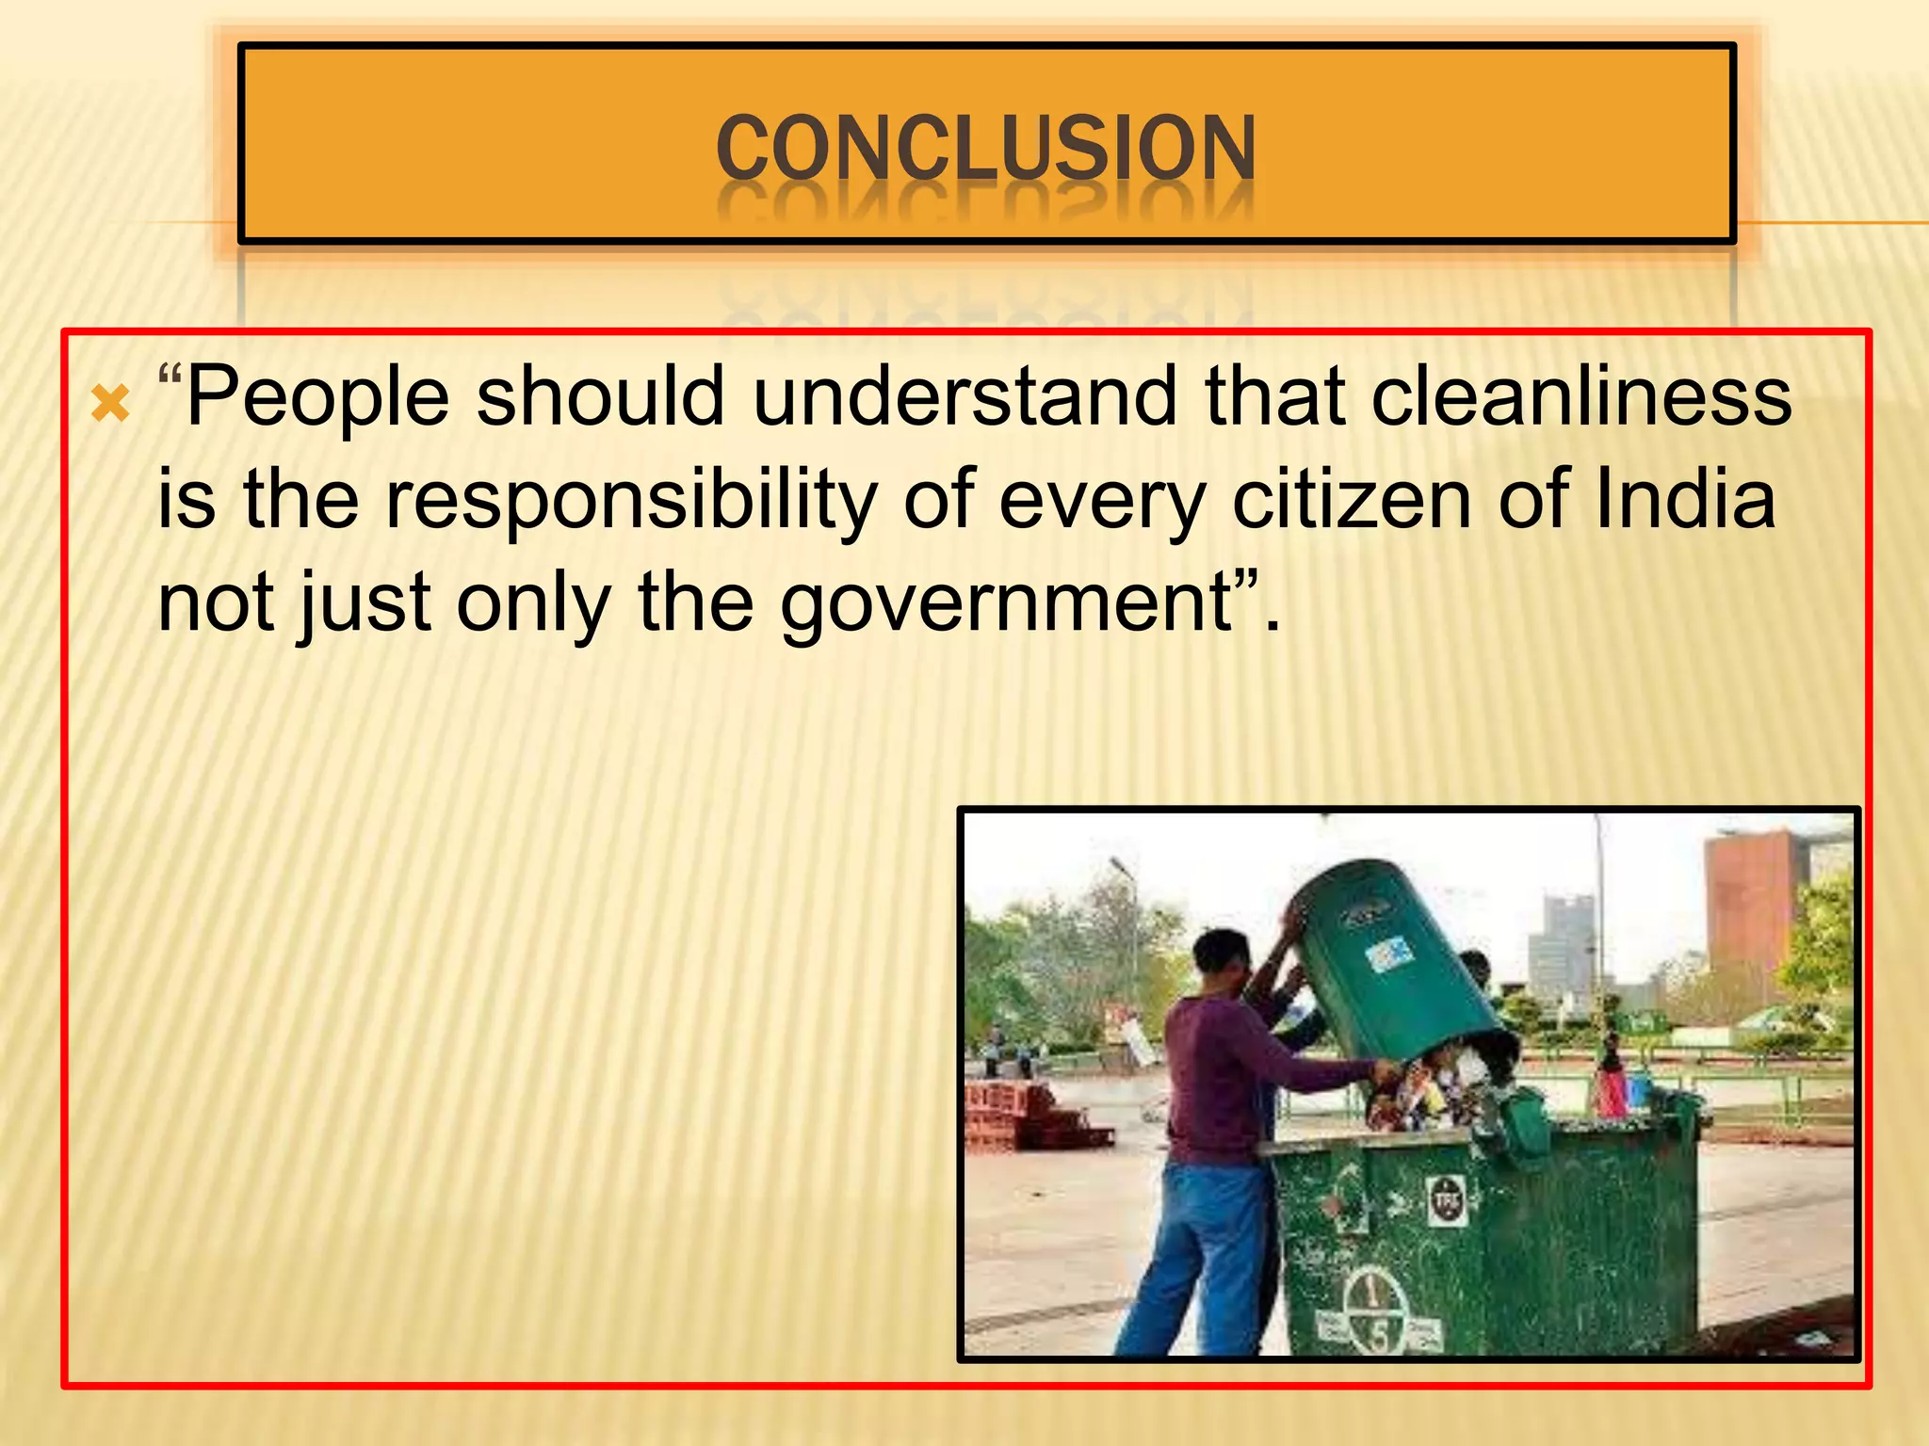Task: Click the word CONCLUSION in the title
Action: coord(985,148)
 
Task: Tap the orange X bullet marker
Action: coord(110,405)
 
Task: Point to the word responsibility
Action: coord(631,501)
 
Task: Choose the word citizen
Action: coord(1351,499)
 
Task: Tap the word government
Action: coord(1007,604)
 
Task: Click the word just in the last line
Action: coord(365,604)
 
